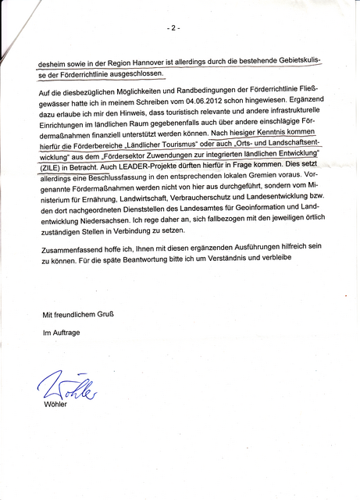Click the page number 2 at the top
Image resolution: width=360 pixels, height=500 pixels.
coord(173,28)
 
